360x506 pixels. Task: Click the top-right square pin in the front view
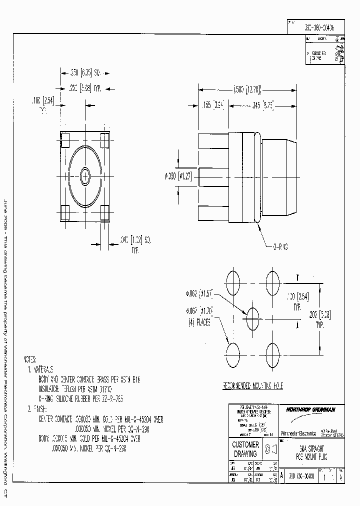click(104, 137)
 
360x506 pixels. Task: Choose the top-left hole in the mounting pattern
click(233, 278)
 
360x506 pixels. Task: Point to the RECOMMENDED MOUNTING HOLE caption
click(252, 386)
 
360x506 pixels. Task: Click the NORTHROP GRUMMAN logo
click(310, 409)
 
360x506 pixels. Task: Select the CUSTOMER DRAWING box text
click(245, 449)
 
